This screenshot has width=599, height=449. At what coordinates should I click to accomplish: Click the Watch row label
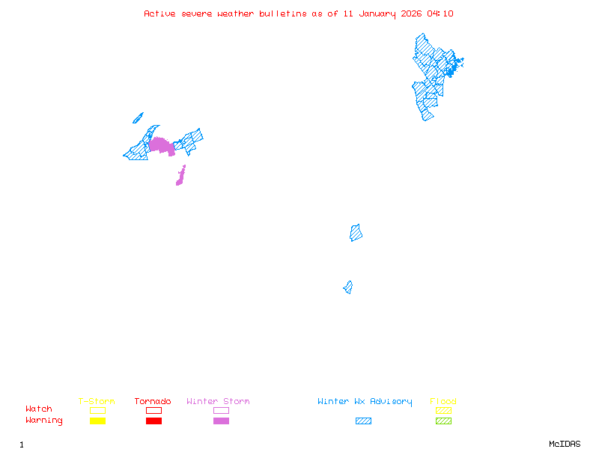click(x=39, y=409)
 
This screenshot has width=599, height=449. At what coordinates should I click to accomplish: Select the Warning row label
click(x=44, y=421)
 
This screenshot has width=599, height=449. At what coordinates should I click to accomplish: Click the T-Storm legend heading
click(x=97, y=402)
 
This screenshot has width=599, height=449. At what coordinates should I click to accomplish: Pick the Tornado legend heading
click(x=153, y=402)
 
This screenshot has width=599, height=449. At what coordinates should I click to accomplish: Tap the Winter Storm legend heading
click(x=218, y=402)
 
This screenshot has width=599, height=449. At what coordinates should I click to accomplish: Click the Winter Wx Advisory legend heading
click(x=365, y=402)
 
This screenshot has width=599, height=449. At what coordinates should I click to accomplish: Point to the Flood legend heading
click(x=443, y=402)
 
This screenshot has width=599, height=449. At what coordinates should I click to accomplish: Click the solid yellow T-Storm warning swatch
click(x=97, y=421)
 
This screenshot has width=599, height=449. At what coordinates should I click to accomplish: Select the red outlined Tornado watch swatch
click(x=153, y=410)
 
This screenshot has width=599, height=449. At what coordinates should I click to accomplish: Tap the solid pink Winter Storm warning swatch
click(x=221, y=421)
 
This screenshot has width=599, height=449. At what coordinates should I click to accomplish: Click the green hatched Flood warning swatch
click(x=443, y=421)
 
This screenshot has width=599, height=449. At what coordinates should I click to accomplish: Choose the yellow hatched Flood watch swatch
click(x=443, y=410)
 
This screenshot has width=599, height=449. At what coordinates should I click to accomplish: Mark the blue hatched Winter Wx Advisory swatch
click(x=363, y=421)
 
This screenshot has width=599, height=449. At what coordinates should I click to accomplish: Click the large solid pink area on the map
click(x=160, y=144)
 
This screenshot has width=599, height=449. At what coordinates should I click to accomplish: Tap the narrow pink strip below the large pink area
click(x=180, y=177)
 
